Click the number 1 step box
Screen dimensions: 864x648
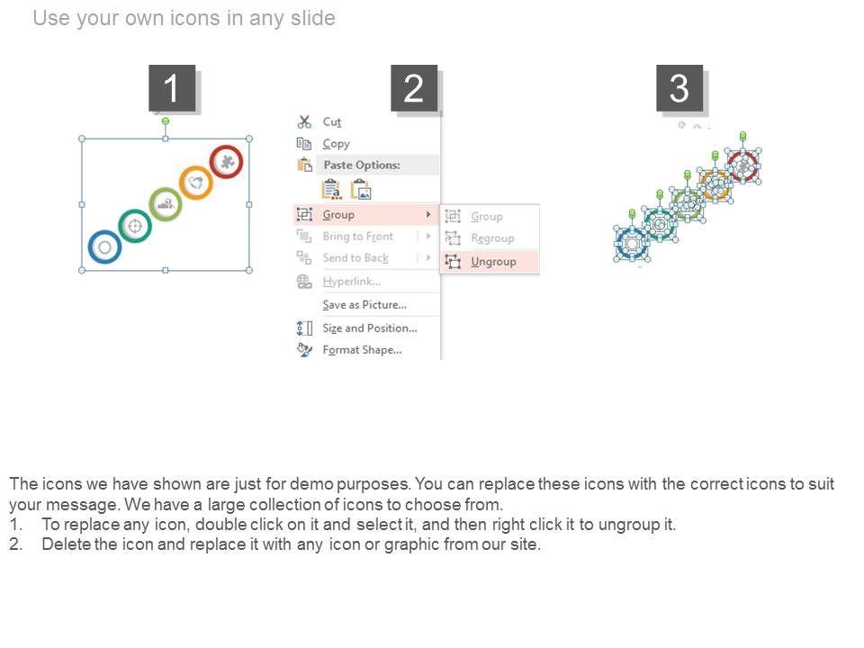172,88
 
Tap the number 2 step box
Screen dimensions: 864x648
414,88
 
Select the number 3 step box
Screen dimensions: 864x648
679,88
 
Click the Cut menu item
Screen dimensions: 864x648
332,121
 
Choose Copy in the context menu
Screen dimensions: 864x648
336,144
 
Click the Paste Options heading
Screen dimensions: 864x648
362,165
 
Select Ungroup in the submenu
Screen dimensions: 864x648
493,262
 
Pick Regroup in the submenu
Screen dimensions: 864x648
492,238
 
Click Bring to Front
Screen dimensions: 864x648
357,237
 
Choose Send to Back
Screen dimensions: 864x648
355,258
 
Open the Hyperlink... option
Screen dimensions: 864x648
352,282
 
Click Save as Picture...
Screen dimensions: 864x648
364,305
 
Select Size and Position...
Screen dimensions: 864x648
370,328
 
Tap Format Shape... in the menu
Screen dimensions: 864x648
362,350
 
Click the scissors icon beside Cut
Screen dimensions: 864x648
304,121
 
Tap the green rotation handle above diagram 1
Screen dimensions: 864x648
166,121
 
